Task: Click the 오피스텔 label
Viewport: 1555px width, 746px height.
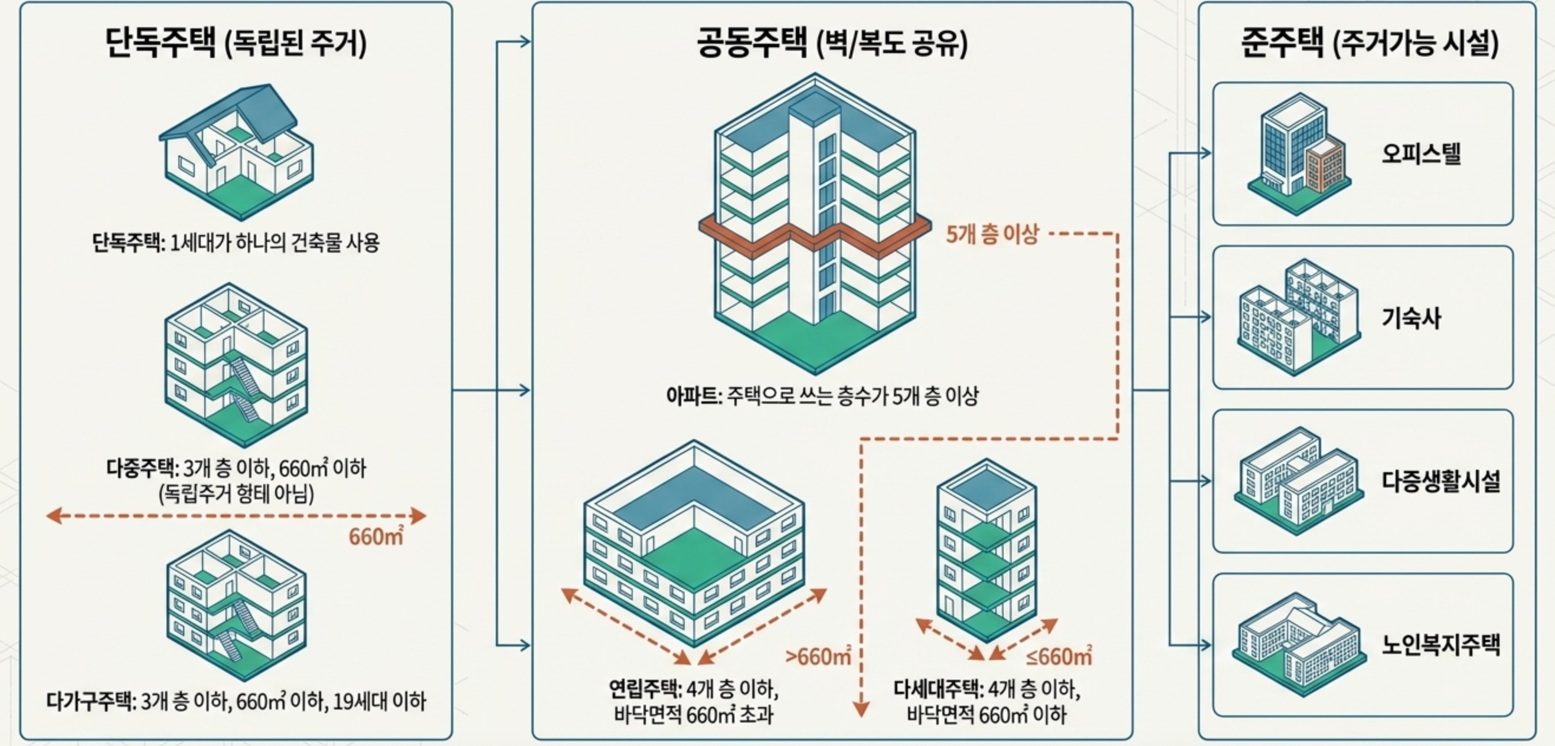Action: click(1421, 154)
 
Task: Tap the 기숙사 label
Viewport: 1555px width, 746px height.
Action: click(1411, 318)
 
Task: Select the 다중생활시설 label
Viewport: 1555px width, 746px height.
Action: click(1440, 482)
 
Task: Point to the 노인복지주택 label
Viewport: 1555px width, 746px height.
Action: click(1440, 644)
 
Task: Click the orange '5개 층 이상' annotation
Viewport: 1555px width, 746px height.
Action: click(992, 234)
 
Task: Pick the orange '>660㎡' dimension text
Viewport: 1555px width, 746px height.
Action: click(818, 656)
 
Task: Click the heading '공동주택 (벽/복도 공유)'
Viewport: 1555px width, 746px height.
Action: click(832, 43)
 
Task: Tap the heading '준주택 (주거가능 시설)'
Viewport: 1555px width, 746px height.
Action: click(1369, 43)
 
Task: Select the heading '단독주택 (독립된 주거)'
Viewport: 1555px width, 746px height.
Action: click(236, 43)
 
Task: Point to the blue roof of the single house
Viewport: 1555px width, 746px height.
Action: click(266, 109)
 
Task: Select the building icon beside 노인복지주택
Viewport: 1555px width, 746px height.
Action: click(1298, 644)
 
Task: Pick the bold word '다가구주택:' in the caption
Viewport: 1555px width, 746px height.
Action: click(91, 701)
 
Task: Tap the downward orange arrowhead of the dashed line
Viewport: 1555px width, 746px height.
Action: click(861, 709)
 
